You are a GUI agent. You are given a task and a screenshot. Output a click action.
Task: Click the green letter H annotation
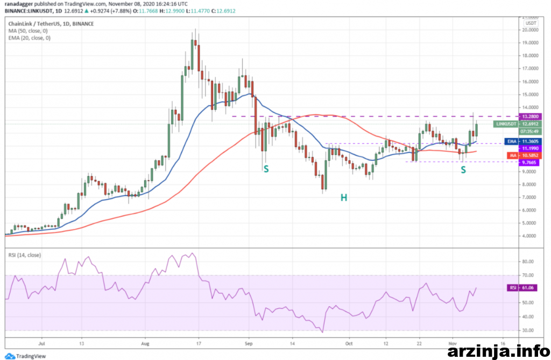click(x=343, y=198)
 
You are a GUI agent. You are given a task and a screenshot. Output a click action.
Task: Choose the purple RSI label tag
click(x=512, y=288)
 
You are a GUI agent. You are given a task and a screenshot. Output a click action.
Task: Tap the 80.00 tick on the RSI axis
click(x=528, y=262)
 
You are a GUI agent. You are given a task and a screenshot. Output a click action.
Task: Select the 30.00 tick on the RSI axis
click(x=528, y=330)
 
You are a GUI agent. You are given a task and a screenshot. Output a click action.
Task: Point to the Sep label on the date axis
click(x=248, y=342)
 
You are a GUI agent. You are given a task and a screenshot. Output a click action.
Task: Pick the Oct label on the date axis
click(x=349, y=342)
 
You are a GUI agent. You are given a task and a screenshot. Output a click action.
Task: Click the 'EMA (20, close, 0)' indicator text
click(x=30, y=38)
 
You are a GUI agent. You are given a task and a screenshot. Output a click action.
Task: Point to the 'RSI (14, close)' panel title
click(x=25, y=255)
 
